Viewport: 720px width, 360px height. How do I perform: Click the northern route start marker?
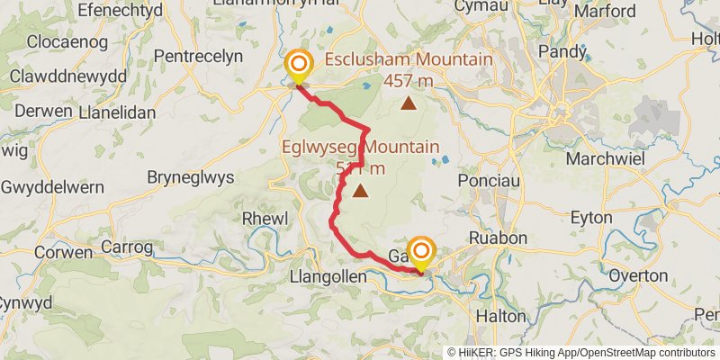pos(298,65)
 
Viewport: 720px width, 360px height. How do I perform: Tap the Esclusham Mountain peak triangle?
pos(409,103)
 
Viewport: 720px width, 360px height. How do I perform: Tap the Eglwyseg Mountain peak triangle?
pos(361,191)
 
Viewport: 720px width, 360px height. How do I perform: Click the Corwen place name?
pos(65,252)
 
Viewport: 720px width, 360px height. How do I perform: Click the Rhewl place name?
pos(264,218)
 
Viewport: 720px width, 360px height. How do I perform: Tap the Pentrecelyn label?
pos(199,56)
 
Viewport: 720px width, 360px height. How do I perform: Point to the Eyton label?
pos(592,218)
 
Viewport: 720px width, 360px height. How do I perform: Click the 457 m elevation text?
pos(409,81)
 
